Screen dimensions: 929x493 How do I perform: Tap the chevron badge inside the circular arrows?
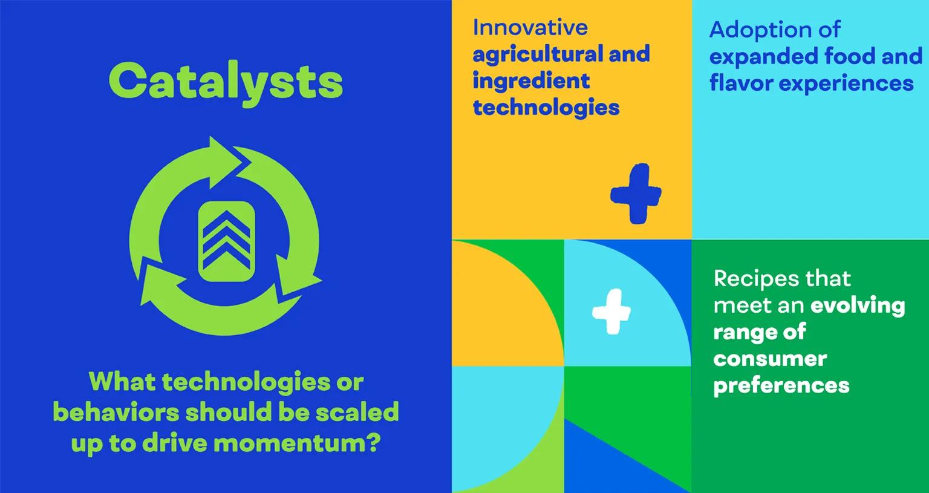[226, 241]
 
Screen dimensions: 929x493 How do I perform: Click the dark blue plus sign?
[636, 194]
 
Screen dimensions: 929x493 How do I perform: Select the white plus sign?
[611, 312]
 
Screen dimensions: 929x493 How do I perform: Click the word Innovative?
[530, 28]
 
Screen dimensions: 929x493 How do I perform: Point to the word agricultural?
[538, 55]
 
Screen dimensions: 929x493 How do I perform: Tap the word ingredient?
[531, 81]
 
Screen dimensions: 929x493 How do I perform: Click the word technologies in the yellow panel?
[546, 108]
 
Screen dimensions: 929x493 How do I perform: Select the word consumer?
[770, 359]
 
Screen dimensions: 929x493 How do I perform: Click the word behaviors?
[116, 412]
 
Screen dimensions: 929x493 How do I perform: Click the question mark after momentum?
[374, 442]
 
